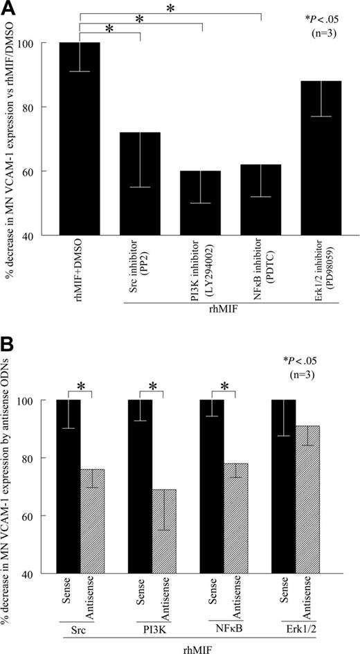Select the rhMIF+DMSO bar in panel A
point(80,139)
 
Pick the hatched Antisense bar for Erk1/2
point(307,513)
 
